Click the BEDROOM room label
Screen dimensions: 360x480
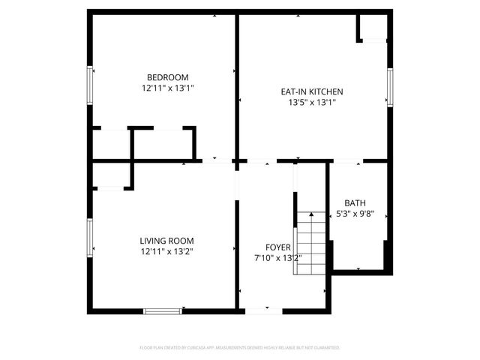[x=167, y=77]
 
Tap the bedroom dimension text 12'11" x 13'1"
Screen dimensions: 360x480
[x=167, y=88]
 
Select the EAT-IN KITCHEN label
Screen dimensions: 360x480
[x=312, y=91]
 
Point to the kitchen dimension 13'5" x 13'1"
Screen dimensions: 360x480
[x=312, y=103]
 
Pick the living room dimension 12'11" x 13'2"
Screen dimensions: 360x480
[x=167, y=252]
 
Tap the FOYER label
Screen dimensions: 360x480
[x=277, y=247]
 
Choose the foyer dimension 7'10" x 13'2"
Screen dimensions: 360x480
[x=277, y=258]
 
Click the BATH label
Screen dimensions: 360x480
[x=355, y=203]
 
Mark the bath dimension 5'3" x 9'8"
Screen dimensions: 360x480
[x=355, y=214]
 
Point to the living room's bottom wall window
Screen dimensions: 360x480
[x=163, y=310]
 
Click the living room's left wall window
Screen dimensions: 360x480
[x=90, y=240]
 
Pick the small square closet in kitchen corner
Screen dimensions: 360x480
[x=372, y=28]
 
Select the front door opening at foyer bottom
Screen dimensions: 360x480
[x=259, y=310]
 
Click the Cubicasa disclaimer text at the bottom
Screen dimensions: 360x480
[x=240, y=348]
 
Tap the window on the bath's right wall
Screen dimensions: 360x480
[x=388, y=217]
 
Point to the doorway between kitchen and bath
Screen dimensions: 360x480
[x=345, y=161]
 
